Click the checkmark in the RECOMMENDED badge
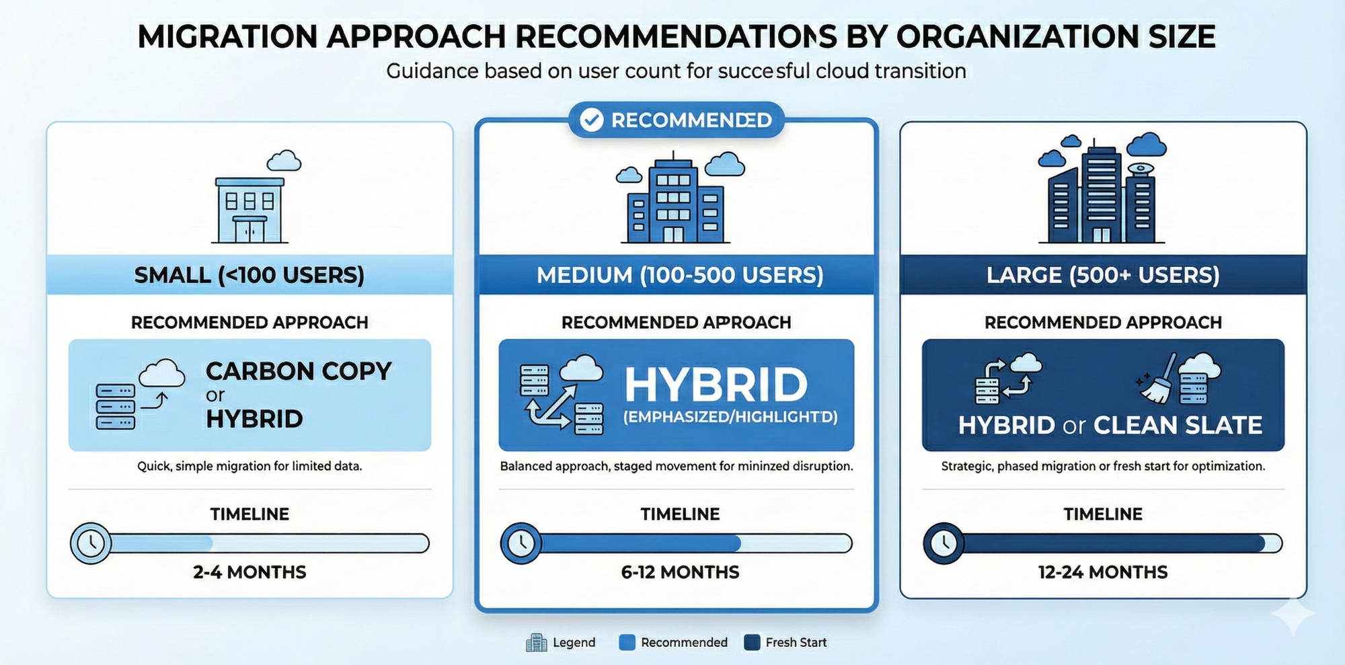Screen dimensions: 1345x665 tap(591, 120)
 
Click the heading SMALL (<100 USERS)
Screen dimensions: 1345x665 tap(249, 275)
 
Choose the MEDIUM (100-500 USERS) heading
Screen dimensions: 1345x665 tap(680, 275)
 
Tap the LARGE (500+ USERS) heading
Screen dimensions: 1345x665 tap(1103, 275)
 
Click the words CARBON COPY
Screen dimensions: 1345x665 tap(299, 371)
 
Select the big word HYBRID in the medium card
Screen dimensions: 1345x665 tap(716, 385)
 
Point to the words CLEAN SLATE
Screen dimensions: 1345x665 tap(1178, 426)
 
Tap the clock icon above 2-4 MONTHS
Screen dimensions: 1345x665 tap(91, 543)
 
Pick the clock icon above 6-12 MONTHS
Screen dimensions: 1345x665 tap(521, 543)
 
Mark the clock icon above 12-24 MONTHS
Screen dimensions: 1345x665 tap(944, 543)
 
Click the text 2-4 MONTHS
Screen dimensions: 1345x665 tap(249, 572)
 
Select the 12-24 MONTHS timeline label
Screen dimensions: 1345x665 tap(1103, 572)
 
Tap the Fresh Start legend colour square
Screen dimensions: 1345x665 tap(753, 642)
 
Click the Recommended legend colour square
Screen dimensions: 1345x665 tap(627, 642)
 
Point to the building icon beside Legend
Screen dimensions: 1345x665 tap(536, 643)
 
